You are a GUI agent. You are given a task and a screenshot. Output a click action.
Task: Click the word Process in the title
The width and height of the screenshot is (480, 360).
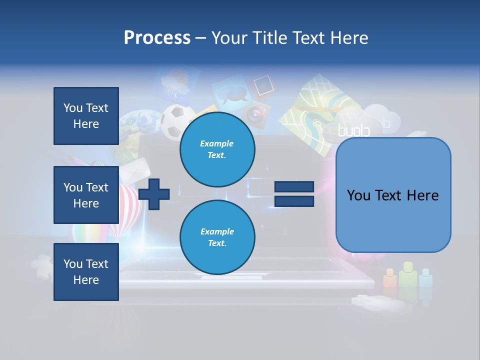[157, 38]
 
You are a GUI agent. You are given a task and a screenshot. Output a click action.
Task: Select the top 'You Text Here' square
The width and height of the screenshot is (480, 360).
[86, 116]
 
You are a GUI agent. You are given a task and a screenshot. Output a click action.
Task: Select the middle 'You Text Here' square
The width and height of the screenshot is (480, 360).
[86, 195]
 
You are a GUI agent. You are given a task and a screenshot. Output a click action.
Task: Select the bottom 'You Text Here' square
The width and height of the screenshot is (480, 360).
[86, 272]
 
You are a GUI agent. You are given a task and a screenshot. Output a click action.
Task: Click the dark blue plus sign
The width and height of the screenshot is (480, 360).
[154, 193]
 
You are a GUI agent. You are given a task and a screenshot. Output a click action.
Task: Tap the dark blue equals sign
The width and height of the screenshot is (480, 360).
[294, 194]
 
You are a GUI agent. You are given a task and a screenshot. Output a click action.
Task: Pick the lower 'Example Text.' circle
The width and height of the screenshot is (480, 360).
[217, 237]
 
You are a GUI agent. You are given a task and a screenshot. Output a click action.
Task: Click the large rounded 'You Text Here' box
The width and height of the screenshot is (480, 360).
[393, 195]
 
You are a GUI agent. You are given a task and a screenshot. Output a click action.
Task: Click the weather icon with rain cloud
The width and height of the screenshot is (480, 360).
[172, 82]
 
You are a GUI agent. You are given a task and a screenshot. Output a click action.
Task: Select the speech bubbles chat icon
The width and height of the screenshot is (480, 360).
[231, 93]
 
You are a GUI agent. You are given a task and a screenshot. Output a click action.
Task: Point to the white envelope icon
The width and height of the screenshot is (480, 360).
[134, 170]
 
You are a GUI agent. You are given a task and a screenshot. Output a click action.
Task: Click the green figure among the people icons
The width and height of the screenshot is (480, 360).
[407, 275]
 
